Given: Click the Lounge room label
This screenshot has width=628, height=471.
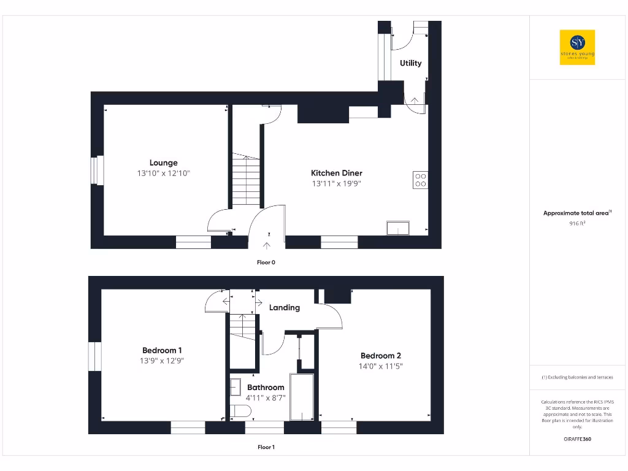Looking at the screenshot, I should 163,163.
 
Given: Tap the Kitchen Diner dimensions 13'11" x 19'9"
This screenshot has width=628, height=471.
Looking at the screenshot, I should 336,183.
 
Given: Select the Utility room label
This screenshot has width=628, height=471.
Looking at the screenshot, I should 410,63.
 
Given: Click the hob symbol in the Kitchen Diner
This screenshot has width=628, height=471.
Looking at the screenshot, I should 421,180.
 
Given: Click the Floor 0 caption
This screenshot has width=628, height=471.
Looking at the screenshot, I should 266,262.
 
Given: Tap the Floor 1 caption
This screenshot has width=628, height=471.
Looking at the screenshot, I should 266,447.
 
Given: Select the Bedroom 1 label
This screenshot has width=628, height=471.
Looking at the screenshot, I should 162,350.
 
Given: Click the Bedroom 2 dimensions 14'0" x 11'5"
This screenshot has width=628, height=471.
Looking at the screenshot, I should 381,366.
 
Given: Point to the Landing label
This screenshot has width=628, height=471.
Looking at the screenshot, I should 285,307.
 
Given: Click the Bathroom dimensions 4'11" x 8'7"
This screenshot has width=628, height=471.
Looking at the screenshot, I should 266,397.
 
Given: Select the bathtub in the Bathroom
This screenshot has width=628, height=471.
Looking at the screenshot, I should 302,397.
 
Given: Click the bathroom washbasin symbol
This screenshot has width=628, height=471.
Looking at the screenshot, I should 235,387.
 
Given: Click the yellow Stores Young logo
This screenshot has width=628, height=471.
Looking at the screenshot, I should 577,47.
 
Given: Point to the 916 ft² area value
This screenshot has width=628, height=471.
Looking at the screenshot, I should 577,223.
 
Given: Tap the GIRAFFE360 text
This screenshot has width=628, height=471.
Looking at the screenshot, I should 577,439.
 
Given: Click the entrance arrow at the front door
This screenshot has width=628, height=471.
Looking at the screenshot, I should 267,246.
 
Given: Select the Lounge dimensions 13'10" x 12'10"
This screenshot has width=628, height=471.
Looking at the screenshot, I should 163,174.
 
